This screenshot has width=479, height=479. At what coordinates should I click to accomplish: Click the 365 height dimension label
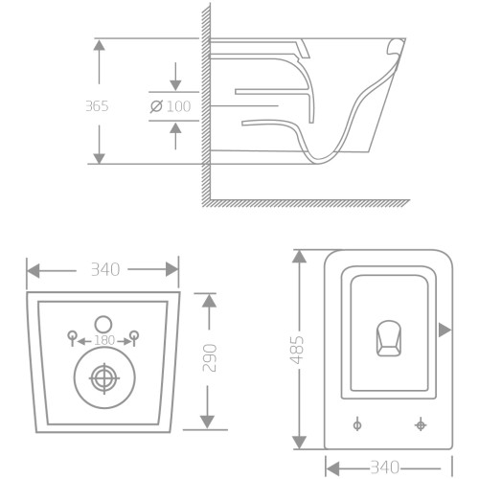coord(97,106)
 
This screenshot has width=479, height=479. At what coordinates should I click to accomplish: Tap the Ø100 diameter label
coord(171,106)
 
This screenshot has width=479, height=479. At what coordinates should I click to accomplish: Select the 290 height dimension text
coord(210,357)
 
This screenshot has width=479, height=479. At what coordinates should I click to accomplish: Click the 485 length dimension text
coord(297,350)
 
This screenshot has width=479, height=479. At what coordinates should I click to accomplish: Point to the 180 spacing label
coord(104,340)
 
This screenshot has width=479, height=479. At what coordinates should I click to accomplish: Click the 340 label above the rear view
coord(105,269)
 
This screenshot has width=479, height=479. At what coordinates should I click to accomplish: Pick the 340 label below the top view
coord(385,468)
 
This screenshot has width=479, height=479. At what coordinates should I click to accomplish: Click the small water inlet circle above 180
coord(103,324)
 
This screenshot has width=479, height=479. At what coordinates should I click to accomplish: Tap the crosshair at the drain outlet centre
coord(104,378)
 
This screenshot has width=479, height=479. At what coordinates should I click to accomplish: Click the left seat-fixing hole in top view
coord(357,425)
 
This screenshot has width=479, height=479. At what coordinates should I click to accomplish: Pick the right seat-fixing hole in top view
coord(421,425)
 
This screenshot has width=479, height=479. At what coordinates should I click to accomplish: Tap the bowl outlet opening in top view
coord(389,338)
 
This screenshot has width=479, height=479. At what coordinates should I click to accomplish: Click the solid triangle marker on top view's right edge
coord(445,330)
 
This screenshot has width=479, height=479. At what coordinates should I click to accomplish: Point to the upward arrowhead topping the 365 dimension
coord(100,45)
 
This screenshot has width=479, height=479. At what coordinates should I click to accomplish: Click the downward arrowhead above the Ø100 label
coord(175,85)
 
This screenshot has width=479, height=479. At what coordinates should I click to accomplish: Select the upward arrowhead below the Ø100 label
coord(175,127)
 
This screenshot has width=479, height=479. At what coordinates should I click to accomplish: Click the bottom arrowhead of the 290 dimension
coord(207,422)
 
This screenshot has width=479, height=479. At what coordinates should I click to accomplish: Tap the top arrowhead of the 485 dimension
coord(299,257)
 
